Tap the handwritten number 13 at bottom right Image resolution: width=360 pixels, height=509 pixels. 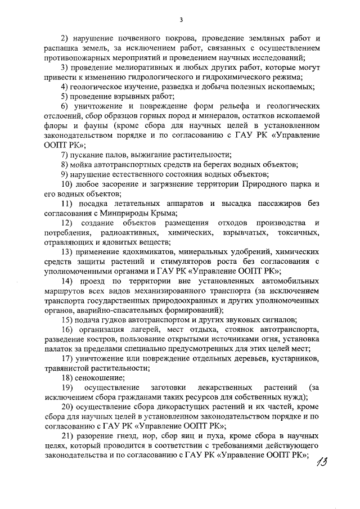coord(323,467)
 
